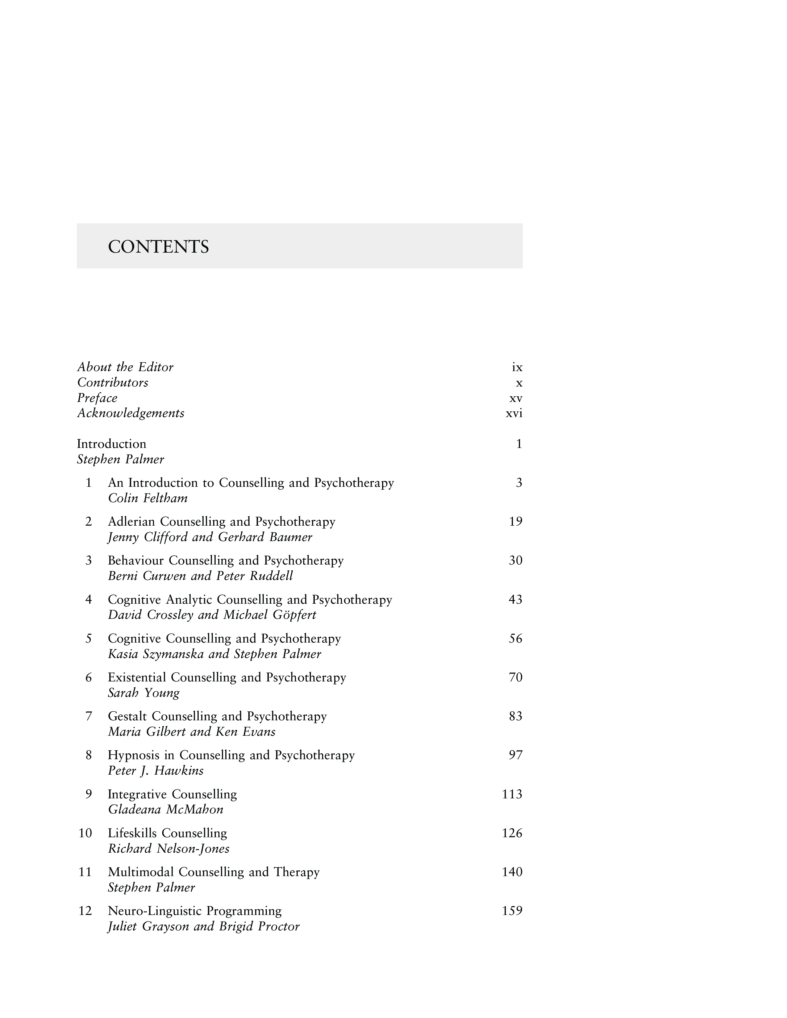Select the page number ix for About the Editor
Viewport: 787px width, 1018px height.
[517, 368]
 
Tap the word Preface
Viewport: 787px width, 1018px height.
[97, 398]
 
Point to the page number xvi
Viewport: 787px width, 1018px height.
[514, 413]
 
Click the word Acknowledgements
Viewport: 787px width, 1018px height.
[131, 413]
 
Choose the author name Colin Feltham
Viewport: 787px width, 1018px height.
[148, 498]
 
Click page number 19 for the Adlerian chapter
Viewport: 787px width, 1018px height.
[515, 522]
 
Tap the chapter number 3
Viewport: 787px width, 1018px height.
[89, 560]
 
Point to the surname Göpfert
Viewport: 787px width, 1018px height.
[293, 615]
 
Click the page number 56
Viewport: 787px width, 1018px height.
[515, 639]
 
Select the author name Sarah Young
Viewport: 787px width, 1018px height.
[144, 693]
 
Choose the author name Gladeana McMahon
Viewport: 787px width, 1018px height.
[165, 810]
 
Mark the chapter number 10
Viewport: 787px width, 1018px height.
[85, 833]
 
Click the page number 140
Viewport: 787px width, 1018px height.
[512, 872]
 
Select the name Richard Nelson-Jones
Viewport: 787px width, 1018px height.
[169, 849]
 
